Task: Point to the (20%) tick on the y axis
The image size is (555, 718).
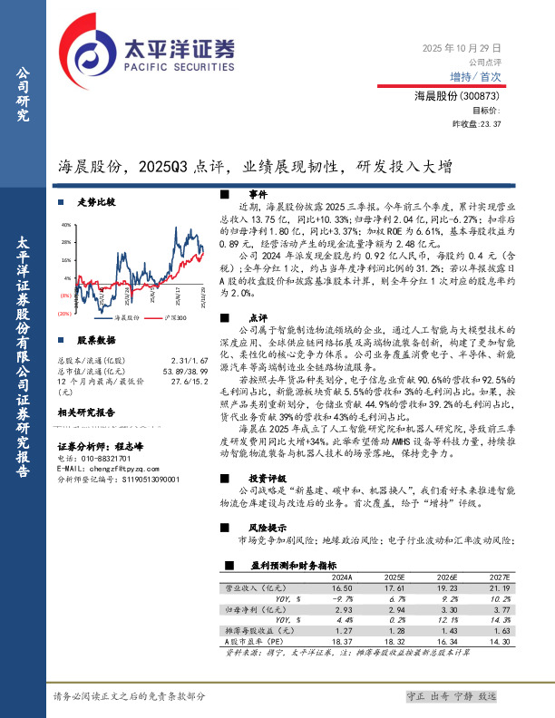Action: point(63,313)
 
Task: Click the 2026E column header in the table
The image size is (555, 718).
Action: point(448,577)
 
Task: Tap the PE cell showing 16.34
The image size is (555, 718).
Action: point(448,641)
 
